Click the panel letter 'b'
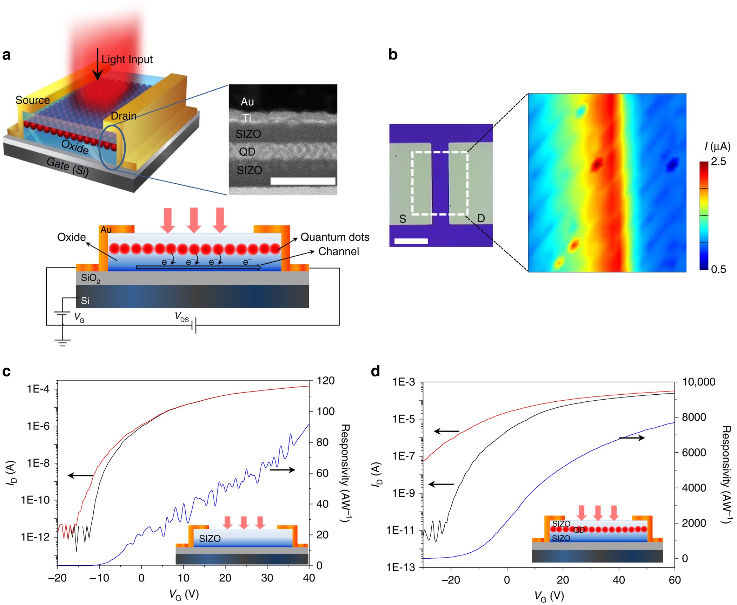click(393, 55)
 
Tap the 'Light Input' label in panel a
click(127, 59)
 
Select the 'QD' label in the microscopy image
click(247, 152)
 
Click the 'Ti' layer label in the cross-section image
click(247, 118)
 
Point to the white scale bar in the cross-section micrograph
click(303, 181)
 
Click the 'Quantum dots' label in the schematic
click(335, 237)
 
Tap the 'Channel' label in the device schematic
click(338, 251)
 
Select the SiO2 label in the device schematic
click(90, 278)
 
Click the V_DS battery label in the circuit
click(182, 317)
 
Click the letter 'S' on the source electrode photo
click(403, 219)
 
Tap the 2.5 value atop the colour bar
click(718, 162)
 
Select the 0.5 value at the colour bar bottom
click(718, 269)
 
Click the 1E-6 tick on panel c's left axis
click(38, 426)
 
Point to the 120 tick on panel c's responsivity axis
click(325, 381)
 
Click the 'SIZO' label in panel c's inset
click(210, 538)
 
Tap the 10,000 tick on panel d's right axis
click(698, 382)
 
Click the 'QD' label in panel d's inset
click(579, 530)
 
